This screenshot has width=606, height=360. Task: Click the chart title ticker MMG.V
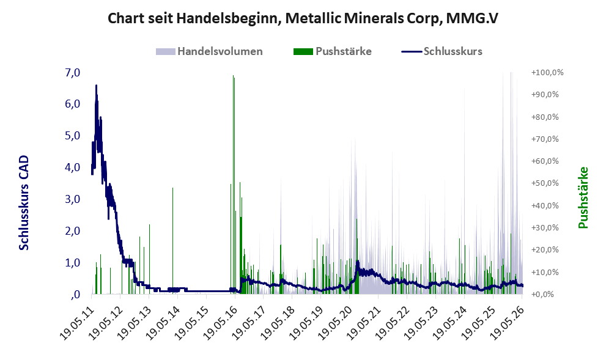pos(472,18)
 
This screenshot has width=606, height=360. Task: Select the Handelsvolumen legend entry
pos(209,51)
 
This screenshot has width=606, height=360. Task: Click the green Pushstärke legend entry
pos(333,51)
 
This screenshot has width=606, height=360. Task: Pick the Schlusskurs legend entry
pos(442,51)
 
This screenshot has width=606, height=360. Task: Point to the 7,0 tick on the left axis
pos(73,72)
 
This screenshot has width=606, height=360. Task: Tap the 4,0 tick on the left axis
pos(73,167)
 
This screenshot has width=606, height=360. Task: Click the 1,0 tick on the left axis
pos(73,263)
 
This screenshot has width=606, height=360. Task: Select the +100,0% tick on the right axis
pos(547,73)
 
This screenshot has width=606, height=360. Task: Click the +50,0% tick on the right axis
pos(545,183)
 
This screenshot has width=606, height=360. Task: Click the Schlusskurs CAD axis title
pos(24,202)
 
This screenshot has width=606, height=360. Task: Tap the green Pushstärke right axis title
pos(583,197)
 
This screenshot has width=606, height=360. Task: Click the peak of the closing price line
pos(96,86)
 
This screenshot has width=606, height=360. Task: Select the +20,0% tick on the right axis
pos(545,249)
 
